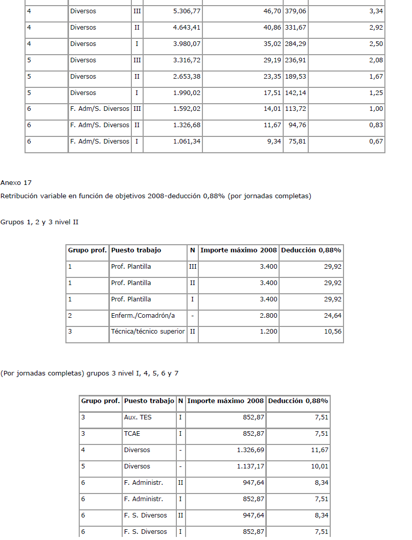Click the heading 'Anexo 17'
coord(16,183)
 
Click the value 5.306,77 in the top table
coord(187,11)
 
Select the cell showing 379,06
coord(296,11)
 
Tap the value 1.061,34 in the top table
coord(187,142)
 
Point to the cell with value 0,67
coord(376,142)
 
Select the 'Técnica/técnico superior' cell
coord(148,332)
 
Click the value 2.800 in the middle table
coord(268,316)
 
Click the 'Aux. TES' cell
coord(138,417)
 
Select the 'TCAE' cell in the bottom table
coord(132,434)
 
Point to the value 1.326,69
coord(251,450)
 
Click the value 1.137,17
coord(251,466)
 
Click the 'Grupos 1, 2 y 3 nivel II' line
coord(39,222)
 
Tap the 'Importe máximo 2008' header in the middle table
coord(239,250)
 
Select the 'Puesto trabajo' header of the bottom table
coord(149,401)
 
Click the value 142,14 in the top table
coord(296,93)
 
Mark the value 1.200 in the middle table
coord(268,332)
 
